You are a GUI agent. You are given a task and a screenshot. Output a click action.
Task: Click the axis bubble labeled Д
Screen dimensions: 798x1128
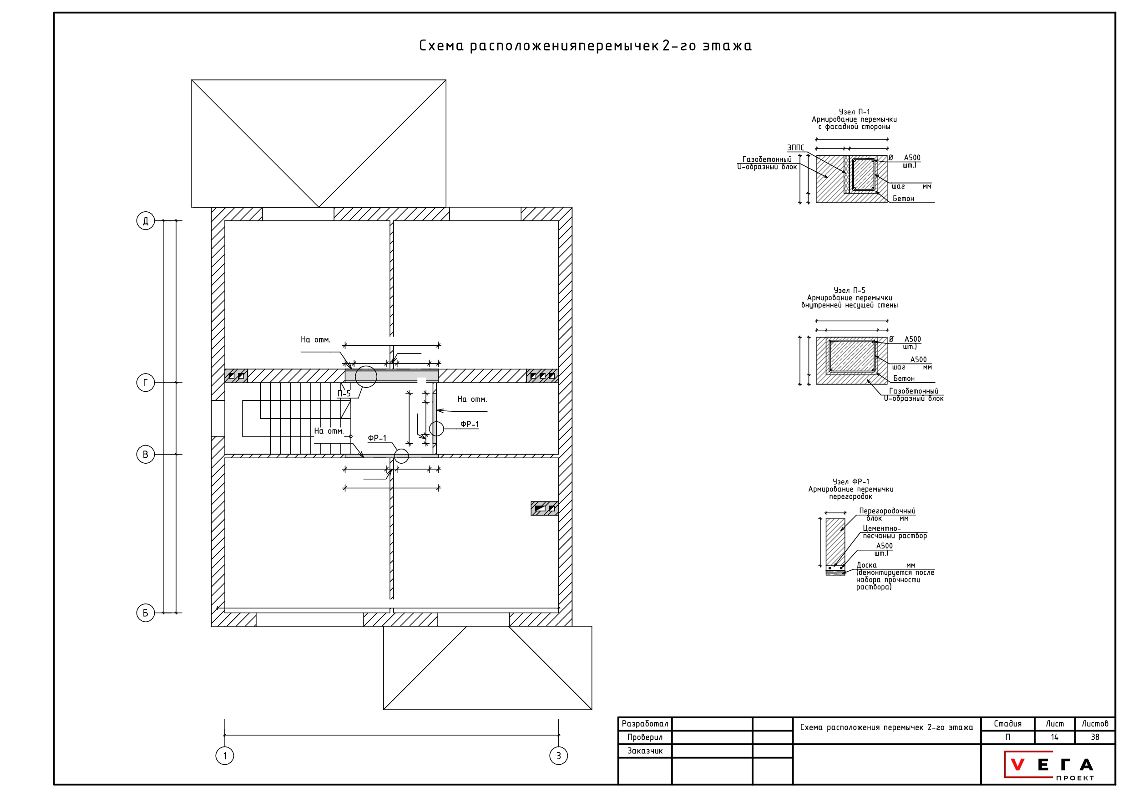tap(146, 221)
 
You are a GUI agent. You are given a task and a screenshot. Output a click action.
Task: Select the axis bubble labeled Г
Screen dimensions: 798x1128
tap(146, 383)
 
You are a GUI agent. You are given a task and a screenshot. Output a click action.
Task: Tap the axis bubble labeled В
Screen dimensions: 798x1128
tap(146, 454)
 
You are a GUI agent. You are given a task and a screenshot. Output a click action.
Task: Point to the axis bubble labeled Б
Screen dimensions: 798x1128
tap(146, 613)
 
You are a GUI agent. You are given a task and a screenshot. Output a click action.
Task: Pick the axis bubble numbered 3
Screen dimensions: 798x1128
tap(558, 756)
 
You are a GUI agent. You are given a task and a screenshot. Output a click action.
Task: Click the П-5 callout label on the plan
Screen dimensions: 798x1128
tap(344, 394)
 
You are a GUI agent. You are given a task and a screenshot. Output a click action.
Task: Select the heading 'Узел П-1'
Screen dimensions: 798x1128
tap(854, 112)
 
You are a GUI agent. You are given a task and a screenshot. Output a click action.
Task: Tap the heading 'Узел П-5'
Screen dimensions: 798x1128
tap(850, 291)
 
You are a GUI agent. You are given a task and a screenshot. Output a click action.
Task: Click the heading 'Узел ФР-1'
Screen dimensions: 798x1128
tap(851, 482)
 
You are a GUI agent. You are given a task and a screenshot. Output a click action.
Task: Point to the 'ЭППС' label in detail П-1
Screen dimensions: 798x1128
tap(795, 148)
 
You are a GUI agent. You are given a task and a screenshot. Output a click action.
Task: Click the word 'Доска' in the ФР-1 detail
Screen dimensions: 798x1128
tap(867, 565)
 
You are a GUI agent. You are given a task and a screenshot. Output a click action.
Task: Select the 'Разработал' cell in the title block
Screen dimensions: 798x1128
tap(645, 724)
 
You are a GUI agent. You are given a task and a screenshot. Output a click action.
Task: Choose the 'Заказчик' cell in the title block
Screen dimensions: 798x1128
tap(645, 751)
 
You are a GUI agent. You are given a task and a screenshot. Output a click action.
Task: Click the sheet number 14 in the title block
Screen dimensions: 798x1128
tap(1054, 737)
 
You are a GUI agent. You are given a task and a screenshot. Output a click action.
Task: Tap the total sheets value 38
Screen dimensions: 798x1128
tap(1095, 737)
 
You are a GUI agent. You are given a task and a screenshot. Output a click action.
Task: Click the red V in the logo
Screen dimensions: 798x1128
tap(1017, 765)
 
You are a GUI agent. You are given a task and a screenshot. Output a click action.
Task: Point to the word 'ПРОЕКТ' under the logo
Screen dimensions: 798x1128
tap(1075, 778)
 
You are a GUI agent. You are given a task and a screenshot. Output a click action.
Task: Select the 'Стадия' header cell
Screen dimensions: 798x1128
tap(1007, 724)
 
